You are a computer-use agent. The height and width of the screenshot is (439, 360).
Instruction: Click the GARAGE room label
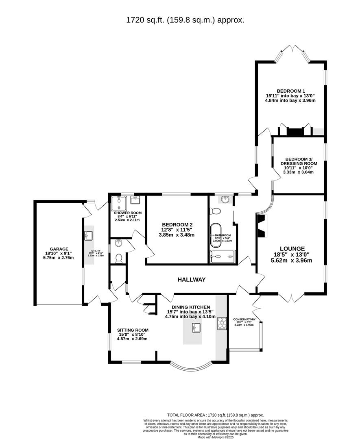tap(59, 249)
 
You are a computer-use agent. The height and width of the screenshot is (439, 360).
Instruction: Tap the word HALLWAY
tap(191, 280)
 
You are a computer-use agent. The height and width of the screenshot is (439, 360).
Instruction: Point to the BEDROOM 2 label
tap(177, 224)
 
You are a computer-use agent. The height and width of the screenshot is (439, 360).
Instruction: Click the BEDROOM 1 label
tap(290, 91)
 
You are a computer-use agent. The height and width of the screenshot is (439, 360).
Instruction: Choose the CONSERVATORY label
tap(244, 319)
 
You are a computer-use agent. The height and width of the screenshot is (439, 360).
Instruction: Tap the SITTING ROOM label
tap(132, 330)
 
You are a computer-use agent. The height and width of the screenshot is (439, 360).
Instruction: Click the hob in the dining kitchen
tap(222, 323)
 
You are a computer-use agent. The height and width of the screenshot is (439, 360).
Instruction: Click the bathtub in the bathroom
tap(216, 235)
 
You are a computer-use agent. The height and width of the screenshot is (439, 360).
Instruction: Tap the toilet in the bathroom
tap(215, 211)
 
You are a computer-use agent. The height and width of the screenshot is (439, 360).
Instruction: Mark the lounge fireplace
tap(262, 226)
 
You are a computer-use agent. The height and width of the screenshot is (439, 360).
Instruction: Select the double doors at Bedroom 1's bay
tap(292, 50)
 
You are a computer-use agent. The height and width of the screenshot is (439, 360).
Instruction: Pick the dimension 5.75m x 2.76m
tap(59, 257)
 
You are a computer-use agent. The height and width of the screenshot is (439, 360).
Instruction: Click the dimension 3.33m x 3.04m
tap(299, 172)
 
